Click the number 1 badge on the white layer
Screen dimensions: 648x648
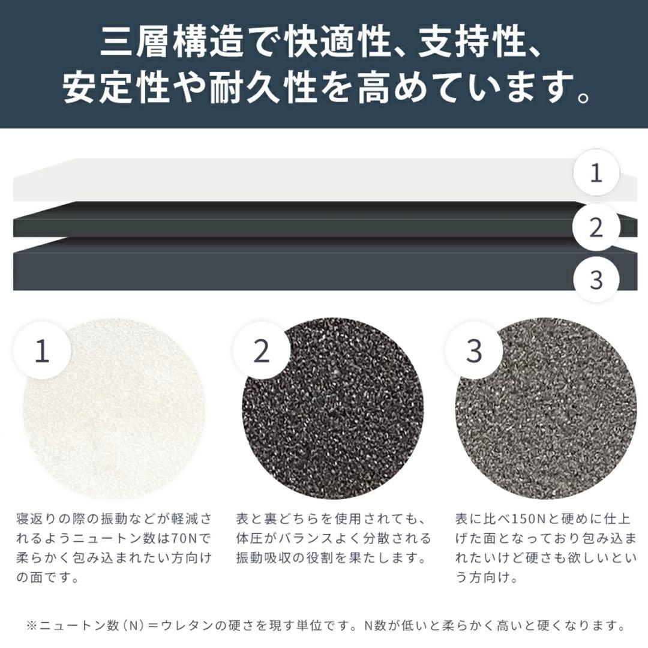coord(596,173)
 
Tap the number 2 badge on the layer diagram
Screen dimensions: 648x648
coord(596,227)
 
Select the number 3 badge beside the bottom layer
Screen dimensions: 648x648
coord(596,280)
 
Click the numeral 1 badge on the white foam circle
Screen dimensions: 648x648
coord(42,351)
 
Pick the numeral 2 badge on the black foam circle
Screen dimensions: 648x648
coord(261,351)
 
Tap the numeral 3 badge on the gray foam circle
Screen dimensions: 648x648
coord(474,351)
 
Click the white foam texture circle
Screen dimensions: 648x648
coord(113,409)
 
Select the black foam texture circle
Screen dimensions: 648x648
coord(332,409)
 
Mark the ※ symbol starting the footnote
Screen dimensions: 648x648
coord(32,625)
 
